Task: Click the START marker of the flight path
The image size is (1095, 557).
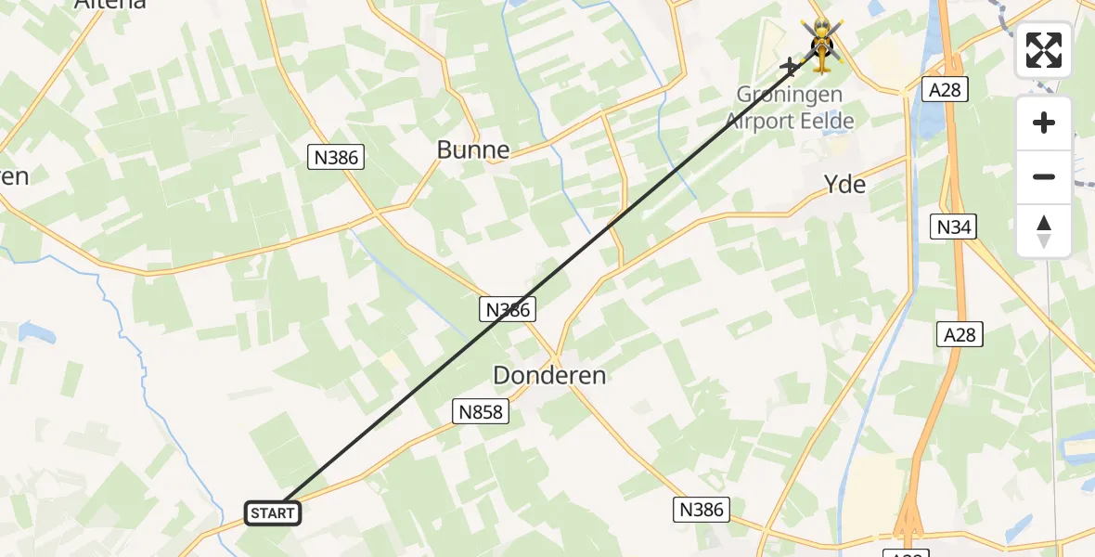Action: [x=273, y=512]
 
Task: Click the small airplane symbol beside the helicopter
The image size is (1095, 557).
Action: [x=792, y=66]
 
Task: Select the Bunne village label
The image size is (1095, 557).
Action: [x=473, y=149]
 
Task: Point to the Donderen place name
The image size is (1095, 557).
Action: [x=549, y=375]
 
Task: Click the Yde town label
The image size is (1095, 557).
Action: [x=844, y=184]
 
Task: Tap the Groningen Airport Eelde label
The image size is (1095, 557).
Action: [x=790, y=108]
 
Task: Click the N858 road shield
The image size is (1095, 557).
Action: [x=481, y=411]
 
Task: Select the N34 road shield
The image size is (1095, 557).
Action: [x=955, y=226]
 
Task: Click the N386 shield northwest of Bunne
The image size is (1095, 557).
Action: [x=336, y=158]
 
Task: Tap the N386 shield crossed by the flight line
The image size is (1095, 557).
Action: [x=508, y=310]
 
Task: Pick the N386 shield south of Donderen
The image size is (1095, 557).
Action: [x=702, y=509]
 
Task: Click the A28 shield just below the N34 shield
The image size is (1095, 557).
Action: [x=959, y=334]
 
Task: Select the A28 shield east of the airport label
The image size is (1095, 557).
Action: [x=945, y=89]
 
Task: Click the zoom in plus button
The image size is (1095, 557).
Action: [x=1044, y=123]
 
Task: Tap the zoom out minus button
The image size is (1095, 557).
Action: [x=1044, y=176]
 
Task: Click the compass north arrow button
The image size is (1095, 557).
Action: [x=1044, y=231]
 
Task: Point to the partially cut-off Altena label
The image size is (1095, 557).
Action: [x=109, y=4]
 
